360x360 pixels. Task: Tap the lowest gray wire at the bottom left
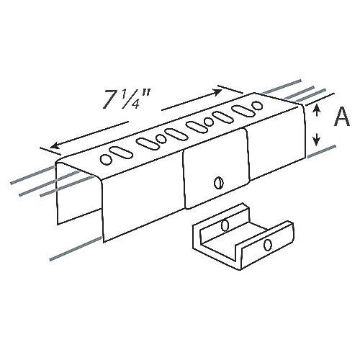72,248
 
